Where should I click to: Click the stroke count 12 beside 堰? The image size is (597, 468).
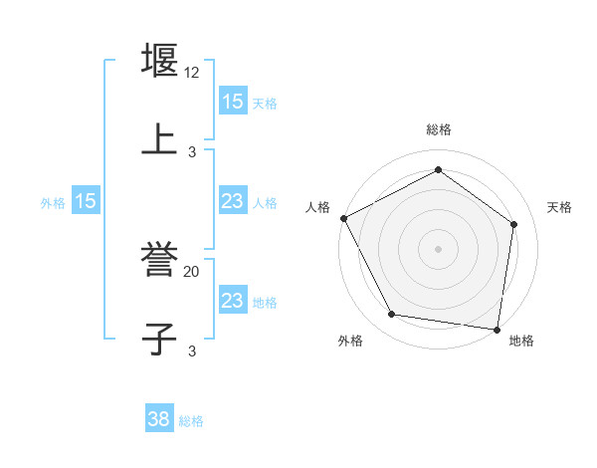point(192,73)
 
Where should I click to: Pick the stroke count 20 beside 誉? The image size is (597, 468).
point(192,271)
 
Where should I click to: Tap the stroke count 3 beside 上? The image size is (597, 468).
point(192,151)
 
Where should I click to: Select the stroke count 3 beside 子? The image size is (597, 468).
point(192,351)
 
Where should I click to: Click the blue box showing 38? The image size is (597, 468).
point(159,420)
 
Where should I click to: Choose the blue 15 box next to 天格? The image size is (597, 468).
point(233,102)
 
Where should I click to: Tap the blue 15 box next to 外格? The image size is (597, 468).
point(86,201)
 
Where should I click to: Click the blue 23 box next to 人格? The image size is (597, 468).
point(233,201)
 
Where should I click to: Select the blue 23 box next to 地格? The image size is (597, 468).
point(233,301)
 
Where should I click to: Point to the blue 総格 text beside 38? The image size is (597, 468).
point(191,421)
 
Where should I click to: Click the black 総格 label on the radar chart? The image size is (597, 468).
point(438,129)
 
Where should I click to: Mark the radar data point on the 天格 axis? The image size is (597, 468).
point(513,224)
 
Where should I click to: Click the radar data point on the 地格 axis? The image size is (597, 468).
point(497,329)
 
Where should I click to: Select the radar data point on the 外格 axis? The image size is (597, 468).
point(392,315)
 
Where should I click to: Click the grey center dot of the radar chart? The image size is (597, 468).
point(438,248)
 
